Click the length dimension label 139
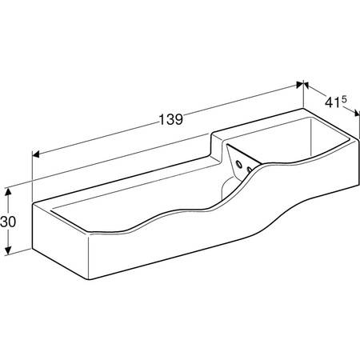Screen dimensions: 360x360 coord(171,119)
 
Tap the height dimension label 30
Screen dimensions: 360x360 coord(8,222)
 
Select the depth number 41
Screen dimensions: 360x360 coord(333,102)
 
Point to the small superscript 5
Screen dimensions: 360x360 coord(344,99)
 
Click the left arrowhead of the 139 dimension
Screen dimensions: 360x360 coord(36,154)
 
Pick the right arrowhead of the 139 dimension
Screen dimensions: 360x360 coord(300,85)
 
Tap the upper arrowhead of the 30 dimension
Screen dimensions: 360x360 coord(8,192)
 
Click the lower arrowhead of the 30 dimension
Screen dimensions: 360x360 coord(8,250)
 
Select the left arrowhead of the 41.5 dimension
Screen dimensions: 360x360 coord(306,86)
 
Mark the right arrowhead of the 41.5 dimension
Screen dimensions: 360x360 coord(357,113)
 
